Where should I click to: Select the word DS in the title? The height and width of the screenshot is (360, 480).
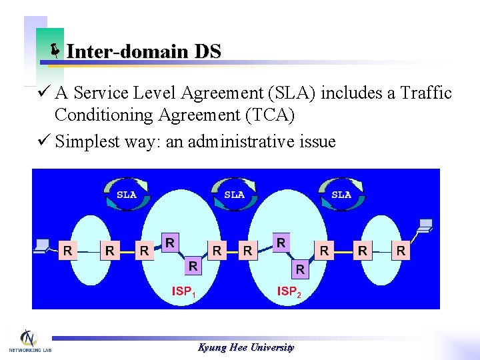pos(207,51)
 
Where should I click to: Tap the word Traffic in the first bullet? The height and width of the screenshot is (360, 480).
pos(426,93)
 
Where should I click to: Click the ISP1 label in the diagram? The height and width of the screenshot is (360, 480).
pos(185,291)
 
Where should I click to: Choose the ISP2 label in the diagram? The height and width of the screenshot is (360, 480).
pos(289,291)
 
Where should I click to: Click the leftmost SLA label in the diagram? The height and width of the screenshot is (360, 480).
pos(127,195)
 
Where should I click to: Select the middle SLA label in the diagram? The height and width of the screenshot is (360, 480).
pos(234,195)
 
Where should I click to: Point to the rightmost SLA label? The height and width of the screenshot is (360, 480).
pos(341,195)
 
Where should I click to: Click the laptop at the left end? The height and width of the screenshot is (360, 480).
pos(43,245)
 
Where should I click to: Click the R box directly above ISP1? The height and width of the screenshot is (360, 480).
pos(193,266)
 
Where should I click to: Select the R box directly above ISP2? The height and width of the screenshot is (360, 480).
pos(300,269)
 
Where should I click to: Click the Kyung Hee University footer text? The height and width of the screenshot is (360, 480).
pos(246,347)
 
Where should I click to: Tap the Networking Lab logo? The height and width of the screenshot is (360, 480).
pos(29,341)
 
